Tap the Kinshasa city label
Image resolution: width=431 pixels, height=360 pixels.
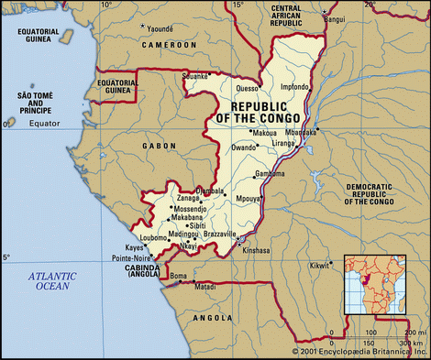coord(256,249)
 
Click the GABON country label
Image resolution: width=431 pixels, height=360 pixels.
coord(160,146)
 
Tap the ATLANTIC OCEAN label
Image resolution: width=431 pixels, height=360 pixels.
coord(51,280)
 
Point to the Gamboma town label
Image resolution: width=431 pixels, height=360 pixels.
coord(269,173)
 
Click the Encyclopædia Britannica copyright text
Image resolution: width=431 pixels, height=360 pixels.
coord(359,352)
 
